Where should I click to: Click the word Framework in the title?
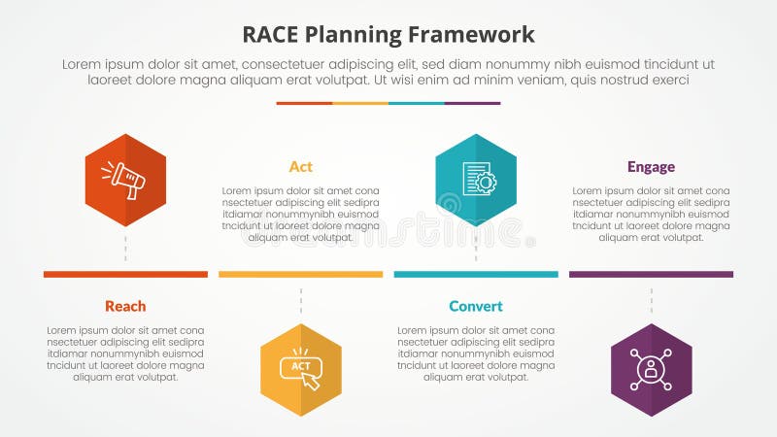click(x=475, y=35)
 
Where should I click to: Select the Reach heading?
click(x=125, y=306)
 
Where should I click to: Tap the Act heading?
click(x=301, y=166)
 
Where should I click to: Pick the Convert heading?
click(x=476, y=306)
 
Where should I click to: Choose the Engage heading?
click(x=651, y=166)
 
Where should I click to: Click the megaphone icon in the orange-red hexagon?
click(x=125, y=179)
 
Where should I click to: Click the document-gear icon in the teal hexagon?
click(x=476, y=179)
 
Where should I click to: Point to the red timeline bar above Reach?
click(x=125, y=275)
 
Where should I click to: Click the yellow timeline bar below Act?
click(x=301, y=275)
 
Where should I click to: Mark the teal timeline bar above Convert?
click(x=476, y=275)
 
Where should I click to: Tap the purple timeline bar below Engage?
click(x=651, y=275)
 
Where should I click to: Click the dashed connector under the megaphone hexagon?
click(x=125, y=247)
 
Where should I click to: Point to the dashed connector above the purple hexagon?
click(x=651, y=302)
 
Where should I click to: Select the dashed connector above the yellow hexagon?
click(x=301, y=302)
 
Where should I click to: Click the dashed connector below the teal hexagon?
click(x=476, y=247)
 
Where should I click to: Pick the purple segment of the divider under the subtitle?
click(x=472, y=103)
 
